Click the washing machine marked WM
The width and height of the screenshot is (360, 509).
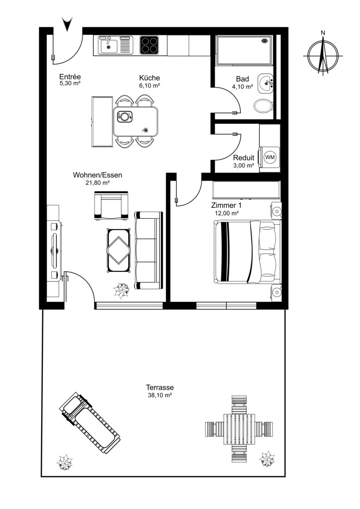[x=270, y=158]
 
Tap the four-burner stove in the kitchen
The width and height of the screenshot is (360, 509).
[x=149, y=45]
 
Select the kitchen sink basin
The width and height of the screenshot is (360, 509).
[x=109, y=45]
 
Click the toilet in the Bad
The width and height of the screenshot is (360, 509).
[x=264, y=106]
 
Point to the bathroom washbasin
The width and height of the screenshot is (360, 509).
[x=266, y=83]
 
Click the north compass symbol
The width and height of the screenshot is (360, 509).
[x=323, y=54]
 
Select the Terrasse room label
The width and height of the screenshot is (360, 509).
[x=160, y=387]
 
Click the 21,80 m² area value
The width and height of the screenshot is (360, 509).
[x=97, y=183]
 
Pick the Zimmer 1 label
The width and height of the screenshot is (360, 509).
[x=226, y=205]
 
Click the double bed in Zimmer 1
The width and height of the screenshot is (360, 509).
[x=247, y=252]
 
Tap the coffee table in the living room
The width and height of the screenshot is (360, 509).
[x=118, y=250]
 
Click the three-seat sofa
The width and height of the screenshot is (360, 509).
[x=148, y=251]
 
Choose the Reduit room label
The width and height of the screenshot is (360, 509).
[x=244, y=158]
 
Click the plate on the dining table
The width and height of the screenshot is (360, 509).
[x=123, y=116]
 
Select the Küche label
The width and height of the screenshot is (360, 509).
[x=150, y=78]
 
